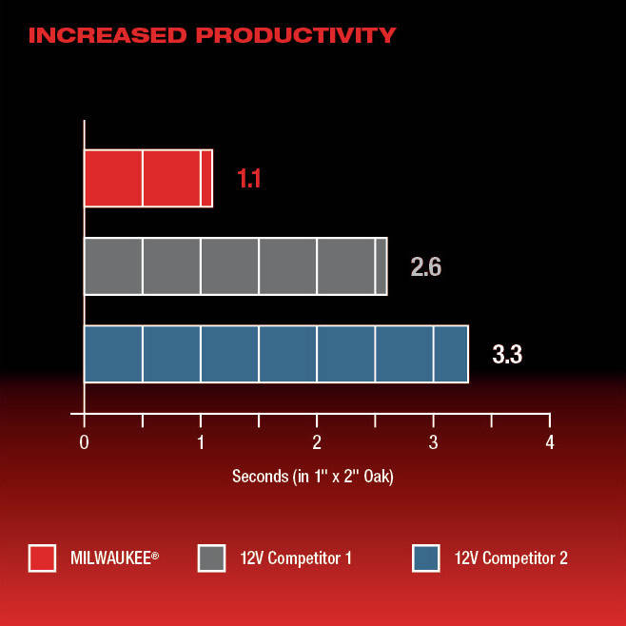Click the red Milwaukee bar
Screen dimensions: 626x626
pos(148,179)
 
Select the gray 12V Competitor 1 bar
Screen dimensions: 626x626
pos(236,266)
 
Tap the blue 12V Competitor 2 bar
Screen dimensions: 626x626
pos(276,354)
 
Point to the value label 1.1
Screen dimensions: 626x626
pos(249,178)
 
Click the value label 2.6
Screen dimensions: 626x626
pos(426,266)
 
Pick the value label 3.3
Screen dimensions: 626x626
pos(507,354)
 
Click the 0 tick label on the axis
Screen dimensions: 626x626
pos(84,442)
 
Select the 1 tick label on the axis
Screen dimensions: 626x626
pos(201,442)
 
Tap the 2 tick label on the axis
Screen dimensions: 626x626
pos(317,442)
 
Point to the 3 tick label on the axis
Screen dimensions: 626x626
pos(433,442)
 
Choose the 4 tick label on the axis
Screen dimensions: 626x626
pos(550,442)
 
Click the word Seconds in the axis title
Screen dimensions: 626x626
pos(261,477)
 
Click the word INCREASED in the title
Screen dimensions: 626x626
pos(108,35)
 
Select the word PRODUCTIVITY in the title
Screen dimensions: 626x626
pos(296,35)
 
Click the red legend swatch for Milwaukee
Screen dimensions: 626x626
pos(42,558)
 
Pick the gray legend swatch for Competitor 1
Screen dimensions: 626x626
pos(211,558)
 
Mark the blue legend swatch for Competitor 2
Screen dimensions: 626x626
pos(426,558)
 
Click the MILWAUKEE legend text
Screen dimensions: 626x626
pos(114,558)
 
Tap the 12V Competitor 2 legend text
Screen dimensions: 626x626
pos(511,558)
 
